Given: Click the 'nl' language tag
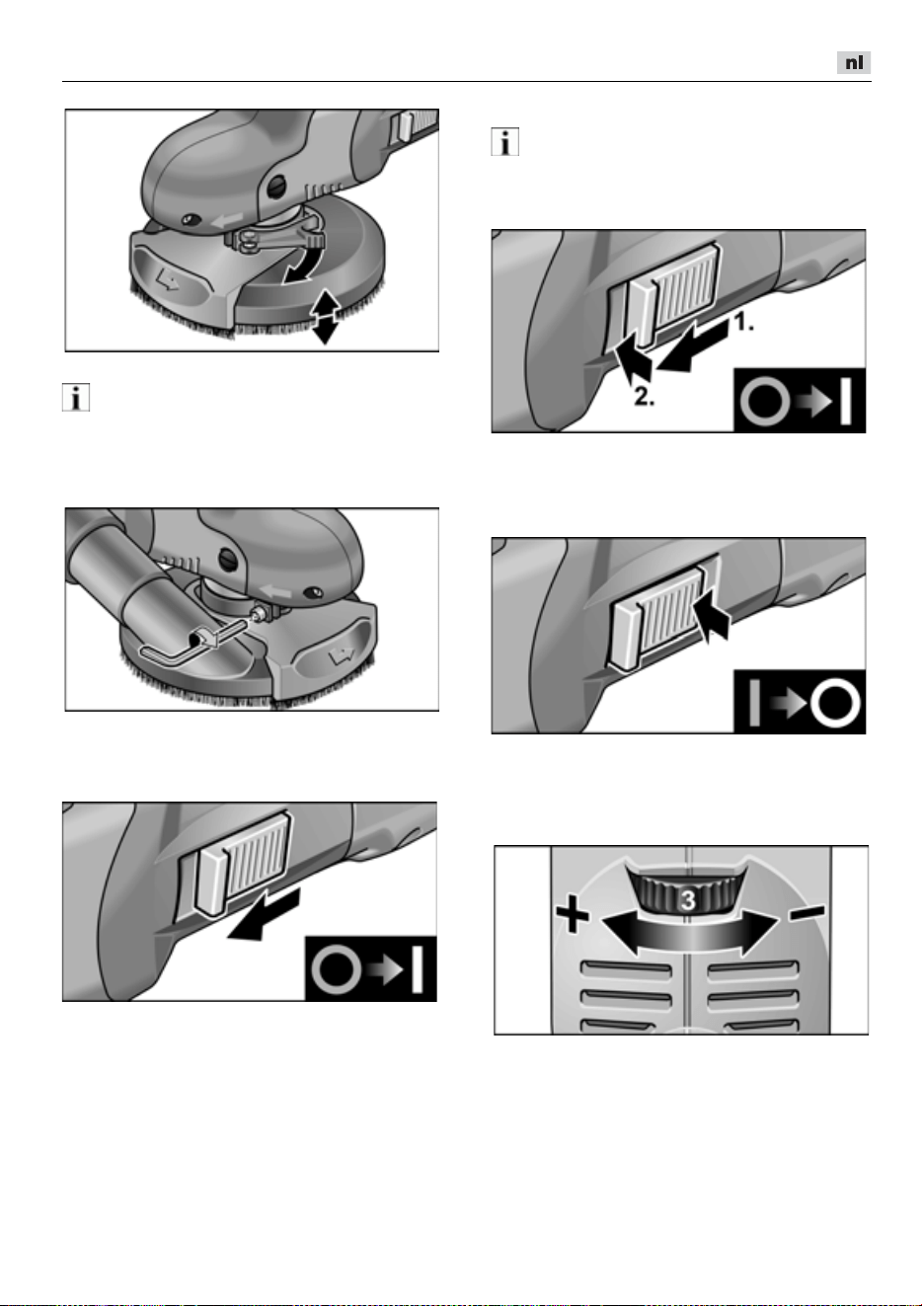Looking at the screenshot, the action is pos(854,62).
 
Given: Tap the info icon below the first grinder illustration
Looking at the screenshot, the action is pos(76,398).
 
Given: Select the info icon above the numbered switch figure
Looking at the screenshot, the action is pos(505,142).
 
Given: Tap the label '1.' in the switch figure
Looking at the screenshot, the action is pos(743,323).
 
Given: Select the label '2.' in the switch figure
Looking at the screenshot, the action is pos(644,397).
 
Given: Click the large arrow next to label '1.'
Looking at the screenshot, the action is pos(694,346).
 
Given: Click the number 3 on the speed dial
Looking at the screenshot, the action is pos(688,901).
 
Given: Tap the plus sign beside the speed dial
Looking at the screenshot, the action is pos(573,916).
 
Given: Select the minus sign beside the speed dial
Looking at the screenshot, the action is pos(807,911).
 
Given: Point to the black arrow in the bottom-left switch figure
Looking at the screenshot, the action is pos(264,914).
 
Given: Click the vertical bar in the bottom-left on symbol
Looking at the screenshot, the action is pos(418,969).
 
